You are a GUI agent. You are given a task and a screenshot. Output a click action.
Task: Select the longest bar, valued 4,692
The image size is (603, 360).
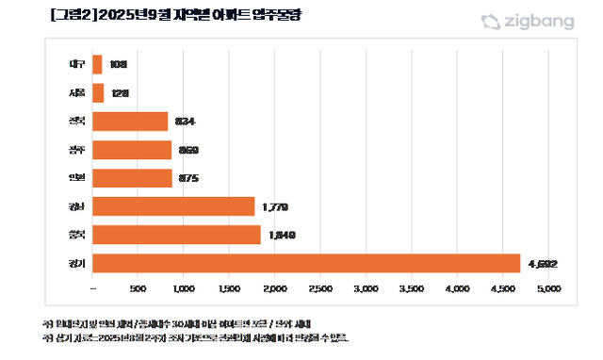click(306, 263)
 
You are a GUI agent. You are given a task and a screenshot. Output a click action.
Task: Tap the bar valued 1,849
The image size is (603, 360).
click(177, 235)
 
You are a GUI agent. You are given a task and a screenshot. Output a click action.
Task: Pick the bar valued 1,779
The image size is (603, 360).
click(174, 206)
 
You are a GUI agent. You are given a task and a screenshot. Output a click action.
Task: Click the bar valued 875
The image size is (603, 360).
click(133, 178)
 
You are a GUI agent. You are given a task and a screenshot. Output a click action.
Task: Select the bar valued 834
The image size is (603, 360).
click(131, 122)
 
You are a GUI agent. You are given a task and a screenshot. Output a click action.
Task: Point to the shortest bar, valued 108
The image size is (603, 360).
click(98, 65)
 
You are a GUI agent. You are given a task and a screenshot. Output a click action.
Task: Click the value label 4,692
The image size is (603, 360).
click(543, 263)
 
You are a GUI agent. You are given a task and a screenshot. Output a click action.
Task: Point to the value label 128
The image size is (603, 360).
click(119, 93)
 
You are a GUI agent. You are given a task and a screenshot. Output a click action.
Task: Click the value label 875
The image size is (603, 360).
click(189, 178)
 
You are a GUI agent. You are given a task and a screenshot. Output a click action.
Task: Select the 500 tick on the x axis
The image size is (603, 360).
click(138, 287)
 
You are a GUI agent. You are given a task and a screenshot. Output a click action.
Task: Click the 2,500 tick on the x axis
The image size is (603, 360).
click(320, 287)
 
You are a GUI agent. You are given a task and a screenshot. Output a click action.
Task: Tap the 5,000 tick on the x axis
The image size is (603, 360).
click(547, 287)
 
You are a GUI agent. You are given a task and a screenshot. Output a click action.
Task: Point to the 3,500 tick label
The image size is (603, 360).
click(411, 287)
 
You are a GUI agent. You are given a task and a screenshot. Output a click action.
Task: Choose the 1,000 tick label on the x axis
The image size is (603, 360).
click(184, 287)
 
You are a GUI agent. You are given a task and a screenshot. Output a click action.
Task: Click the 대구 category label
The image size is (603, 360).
click(77, 65)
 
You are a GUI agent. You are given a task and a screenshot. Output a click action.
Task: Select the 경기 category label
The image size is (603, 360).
click(77, 263)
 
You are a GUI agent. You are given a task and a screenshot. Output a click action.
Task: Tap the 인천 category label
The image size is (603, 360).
click(77, 178)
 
